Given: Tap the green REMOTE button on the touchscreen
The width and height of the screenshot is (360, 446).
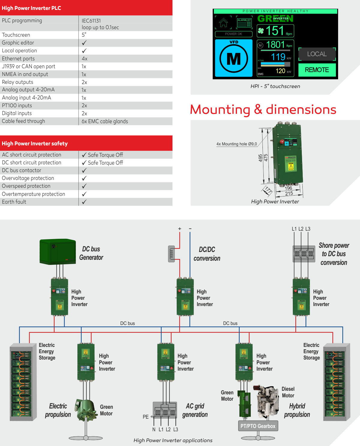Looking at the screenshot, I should click(x=317, y=70).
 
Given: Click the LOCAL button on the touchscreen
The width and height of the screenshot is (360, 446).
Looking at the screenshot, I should click(x=317, y=54).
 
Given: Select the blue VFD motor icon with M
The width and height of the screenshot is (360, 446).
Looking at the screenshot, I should click(x=234, y=58).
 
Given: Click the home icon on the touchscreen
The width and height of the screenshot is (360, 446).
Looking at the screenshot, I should click(x=223, y=23).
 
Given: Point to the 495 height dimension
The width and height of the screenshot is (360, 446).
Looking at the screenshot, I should click(x=260, y=158).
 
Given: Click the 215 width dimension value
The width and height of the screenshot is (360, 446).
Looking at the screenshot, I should click(x=289, y=194).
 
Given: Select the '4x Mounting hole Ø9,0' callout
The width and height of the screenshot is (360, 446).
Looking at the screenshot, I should click(x=236, y=144).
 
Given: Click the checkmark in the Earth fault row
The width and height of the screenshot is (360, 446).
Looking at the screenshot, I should click(x=84, y=202).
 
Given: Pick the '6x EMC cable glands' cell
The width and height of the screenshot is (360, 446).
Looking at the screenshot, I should click(x=105, y=121).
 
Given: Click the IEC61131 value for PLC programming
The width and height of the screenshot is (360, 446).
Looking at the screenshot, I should click(x=91, y=21).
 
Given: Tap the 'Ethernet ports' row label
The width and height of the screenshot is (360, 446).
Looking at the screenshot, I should click(x=18, y=59).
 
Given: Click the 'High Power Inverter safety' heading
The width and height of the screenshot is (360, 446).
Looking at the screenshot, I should click(x=35, y=144).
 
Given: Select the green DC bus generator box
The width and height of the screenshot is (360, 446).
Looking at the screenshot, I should click(x=58, y=252).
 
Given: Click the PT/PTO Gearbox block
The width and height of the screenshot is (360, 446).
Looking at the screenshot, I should click(x=258, y=426).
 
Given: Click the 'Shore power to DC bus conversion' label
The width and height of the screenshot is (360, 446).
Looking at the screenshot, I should click(x=334, y=254).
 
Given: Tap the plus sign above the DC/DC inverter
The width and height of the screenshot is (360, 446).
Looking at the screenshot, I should click(x=180, y=229).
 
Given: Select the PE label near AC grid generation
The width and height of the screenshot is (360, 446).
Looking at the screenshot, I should click(x=145, y=417).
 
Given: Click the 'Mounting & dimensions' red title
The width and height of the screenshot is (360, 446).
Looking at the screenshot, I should click(x=263, y=110).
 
